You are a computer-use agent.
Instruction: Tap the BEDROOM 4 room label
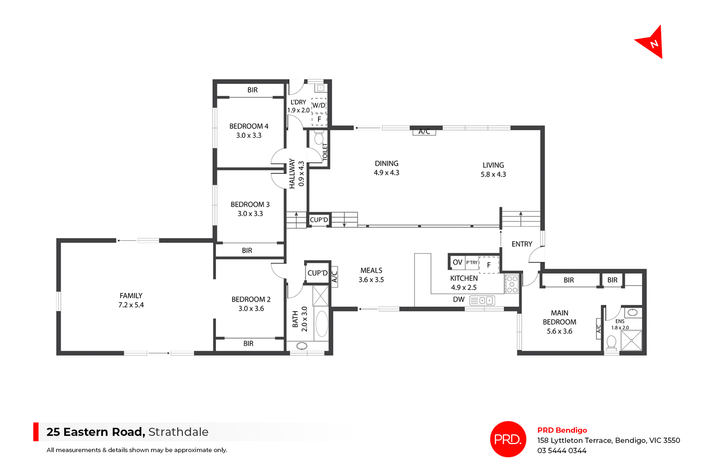pos(249,131)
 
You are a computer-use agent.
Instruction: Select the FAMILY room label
pos(131,300)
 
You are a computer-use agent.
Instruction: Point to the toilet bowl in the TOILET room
pos(319,139)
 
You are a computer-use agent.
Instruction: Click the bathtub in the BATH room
pos(322,324)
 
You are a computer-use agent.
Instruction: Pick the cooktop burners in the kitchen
pos(512,284)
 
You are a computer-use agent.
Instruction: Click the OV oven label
pos(457,262)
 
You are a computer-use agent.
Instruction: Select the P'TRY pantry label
pos(472,262)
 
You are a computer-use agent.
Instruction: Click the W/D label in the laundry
pos(319,105)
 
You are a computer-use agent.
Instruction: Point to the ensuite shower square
pos(631,340)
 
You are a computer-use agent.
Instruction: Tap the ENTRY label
pos(522,244)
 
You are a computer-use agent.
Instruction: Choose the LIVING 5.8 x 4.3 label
pos(493,170)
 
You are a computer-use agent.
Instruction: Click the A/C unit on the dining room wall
pos(424,132)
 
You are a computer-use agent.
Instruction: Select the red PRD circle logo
pos(508,439)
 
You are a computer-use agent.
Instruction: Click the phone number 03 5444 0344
pos(562,451)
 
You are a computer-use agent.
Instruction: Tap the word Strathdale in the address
pos(178,432)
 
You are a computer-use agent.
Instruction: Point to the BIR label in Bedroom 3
pos(247,251)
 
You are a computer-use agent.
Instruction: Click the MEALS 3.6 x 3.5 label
pos(371,275)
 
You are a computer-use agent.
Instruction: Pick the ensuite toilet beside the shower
pos(611,342)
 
